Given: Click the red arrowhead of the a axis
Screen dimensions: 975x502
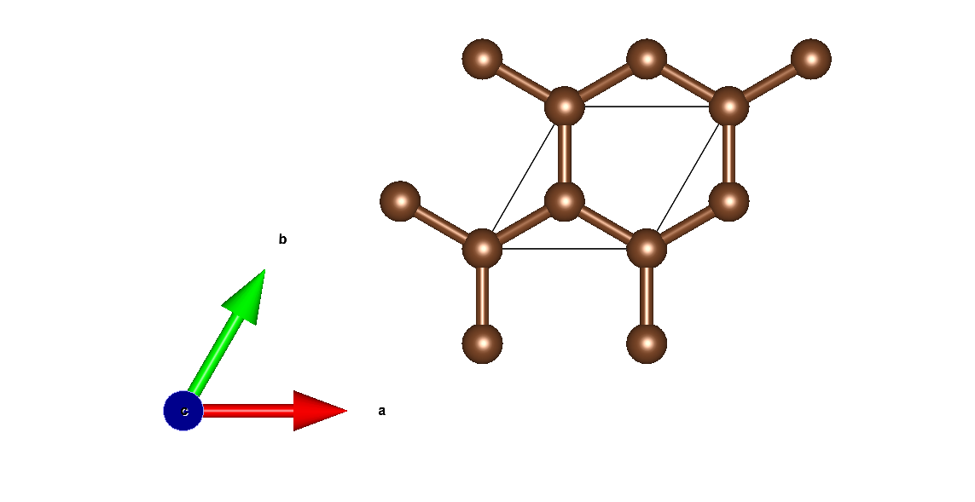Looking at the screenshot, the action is (x=317, y=411).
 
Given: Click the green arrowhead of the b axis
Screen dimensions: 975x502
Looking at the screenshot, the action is (x=244, y=295).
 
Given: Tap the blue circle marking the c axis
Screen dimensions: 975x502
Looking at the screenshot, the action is (x=183, y=411).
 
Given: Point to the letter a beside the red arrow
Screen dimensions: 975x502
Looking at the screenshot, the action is (x=381, y=411).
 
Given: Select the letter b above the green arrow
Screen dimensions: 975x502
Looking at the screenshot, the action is (x=282, y=239).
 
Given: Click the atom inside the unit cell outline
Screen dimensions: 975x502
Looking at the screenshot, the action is (x=564, y=202).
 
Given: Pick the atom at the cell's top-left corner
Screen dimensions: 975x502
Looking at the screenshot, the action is (x=564, y=107).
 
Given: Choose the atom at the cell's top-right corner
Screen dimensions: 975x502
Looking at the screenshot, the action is (x=728, y=107).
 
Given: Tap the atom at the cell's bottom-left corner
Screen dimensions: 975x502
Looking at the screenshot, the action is (x=482, y=249).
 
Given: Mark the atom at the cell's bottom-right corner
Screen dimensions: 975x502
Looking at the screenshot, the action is (x=647, y=249).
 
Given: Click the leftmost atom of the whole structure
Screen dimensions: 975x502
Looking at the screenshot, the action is (x=400, y=202).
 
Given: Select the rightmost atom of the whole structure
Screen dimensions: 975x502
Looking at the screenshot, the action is (x=810, y=59).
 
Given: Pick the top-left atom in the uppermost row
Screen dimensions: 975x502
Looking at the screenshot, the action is (x=482, y=59).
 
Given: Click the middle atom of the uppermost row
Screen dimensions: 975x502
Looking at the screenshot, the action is (x=647, y=59).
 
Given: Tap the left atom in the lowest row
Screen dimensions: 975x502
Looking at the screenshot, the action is (x=482, y=343).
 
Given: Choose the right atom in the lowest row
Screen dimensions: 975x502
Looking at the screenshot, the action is (x=647, y=343).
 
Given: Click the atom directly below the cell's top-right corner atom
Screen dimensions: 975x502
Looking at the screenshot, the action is (x=728, y=202).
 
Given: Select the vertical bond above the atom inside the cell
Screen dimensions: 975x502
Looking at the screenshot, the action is (x=564, y=154).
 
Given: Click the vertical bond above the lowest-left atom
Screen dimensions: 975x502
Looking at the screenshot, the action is (x=482, y=297).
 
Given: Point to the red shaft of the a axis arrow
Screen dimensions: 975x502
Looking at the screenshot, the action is (x=247, y=411).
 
